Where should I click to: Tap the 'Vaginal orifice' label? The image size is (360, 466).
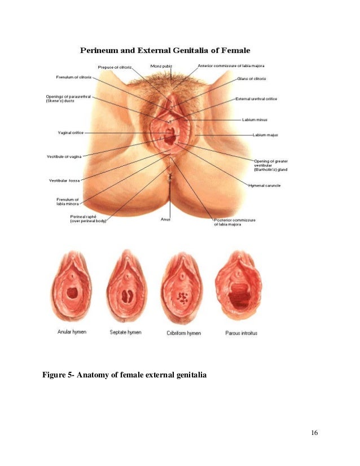[x=71, y=133]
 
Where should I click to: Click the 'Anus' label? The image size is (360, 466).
[x=165, y=219]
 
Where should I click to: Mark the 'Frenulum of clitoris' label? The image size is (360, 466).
[x=73, y=77]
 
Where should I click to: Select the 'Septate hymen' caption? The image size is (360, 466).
[x=125, y=332]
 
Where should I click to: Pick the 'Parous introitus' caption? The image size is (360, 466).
[x=241, y=333]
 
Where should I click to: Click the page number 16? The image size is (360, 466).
[x=314, y=433]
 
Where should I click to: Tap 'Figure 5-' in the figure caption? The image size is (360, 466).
[x=60, y=374]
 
